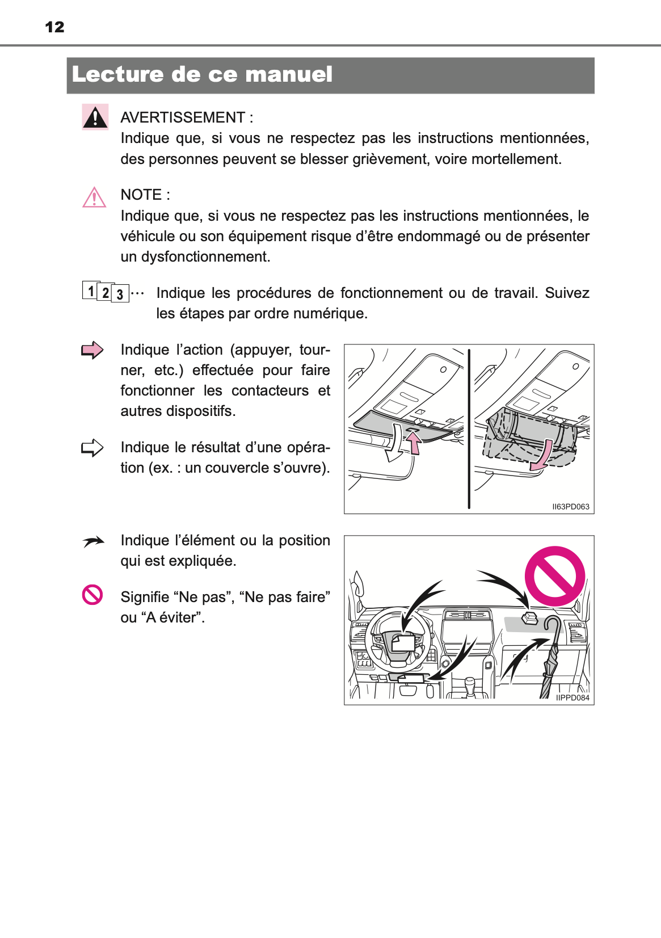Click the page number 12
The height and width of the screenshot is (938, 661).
54,27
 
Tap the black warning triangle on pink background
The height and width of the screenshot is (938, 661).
95,117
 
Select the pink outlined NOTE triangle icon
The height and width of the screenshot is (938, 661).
94,198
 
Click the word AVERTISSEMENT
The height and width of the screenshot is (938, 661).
183,117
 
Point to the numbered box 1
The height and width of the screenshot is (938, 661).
90,291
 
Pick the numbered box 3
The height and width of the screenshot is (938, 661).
120,294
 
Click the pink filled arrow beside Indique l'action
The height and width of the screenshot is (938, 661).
92,350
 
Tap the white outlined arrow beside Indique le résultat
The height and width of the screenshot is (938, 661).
92,448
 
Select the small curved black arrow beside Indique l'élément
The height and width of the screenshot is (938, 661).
93,542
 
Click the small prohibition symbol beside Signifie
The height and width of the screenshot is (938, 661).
92,595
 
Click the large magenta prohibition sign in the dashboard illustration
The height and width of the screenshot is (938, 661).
554,577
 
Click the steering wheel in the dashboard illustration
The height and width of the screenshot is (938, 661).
400,640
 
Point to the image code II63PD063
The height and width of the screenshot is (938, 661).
571,507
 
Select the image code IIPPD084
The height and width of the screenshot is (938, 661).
572,698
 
